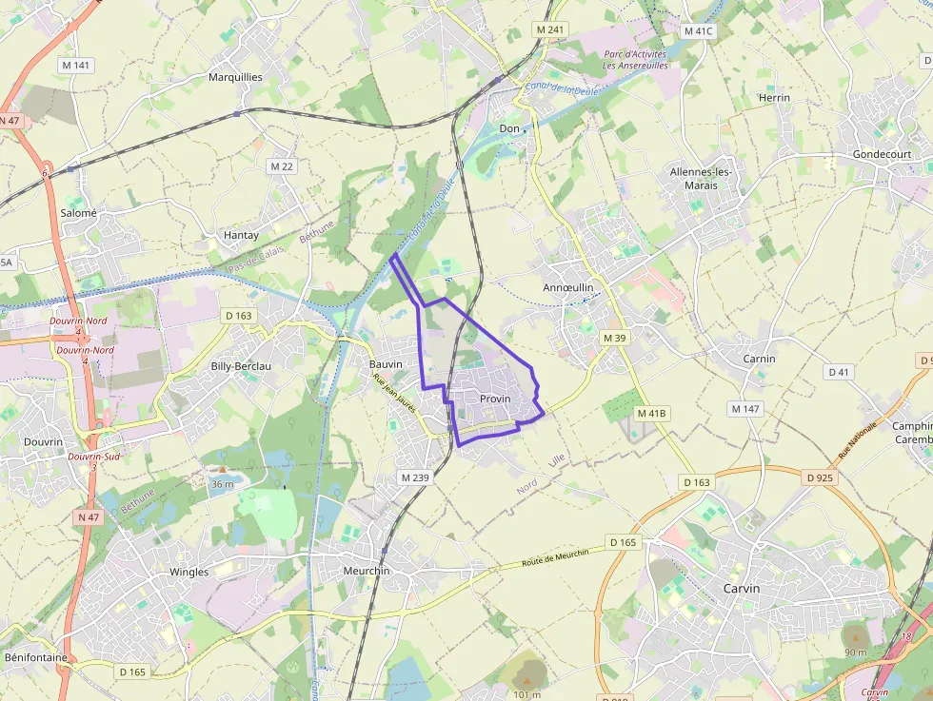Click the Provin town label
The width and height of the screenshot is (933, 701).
point(495,399)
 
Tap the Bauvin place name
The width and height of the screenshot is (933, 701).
point(386,364)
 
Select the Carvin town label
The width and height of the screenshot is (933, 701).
point(742,589)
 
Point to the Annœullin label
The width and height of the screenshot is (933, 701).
point(567,287)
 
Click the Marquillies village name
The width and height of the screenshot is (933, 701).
point(235,77)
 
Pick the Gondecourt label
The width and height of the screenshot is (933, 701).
point(882,154)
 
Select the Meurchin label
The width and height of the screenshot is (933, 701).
point(367,571)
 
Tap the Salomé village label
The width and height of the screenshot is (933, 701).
point(79,214)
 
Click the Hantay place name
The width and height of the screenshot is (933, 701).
point(241,235)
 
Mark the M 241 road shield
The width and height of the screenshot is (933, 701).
point(550,29)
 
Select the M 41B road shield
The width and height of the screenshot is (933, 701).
point(652,413)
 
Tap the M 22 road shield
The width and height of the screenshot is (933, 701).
point(282,166)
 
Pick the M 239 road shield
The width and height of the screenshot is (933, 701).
point(416,477)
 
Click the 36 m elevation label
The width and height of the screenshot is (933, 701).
point(222,484)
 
